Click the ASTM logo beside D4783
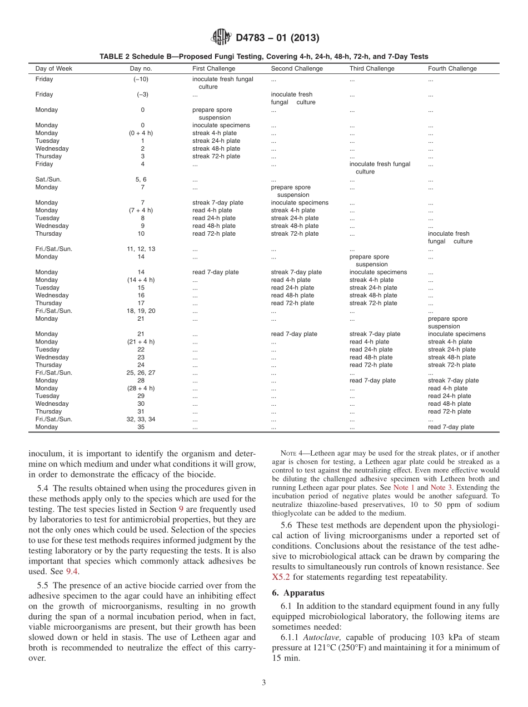[x=222, y=38]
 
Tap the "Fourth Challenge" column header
[x=452, y=69]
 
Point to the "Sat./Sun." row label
[x=48, y=180]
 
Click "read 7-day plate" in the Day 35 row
[x=451, y=427]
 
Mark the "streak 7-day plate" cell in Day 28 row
[x=453, y=381]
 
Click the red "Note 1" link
[x=404, y=487]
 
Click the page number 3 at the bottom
[x=264, y=683]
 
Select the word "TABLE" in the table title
[x=111, y=56]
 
